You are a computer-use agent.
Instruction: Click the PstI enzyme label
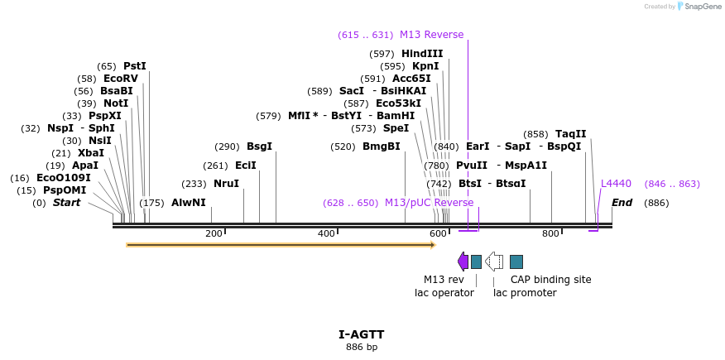coord(134,66)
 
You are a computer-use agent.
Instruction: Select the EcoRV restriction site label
coord(121,79)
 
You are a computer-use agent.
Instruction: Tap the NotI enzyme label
coord(116,103)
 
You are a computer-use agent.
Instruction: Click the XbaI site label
coord(91,153)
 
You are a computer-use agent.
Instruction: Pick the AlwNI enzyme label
coord(188,203)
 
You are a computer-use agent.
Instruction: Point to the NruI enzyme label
coord(226,184)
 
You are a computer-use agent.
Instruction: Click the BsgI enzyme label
coord(259,146)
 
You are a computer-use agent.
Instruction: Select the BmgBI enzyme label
coord(381,146)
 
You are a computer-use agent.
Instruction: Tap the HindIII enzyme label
coord(422,54)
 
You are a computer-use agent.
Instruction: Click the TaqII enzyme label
coord(570,134)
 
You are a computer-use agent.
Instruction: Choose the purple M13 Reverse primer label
coord(431,35)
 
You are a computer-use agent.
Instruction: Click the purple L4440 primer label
coord(616,184)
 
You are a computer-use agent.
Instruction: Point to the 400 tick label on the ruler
coord(326,234)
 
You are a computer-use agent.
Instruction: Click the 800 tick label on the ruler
coord(550,234)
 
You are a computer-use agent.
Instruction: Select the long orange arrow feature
coord(281,245)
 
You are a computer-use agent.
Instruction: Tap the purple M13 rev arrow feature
coord(463,262)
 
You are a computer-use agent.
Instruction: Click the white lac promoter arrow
coord(494,262)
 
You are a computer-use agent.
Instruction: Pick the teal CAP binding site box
coord(516,262)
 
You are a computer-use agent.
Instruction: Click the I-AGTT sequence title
coord(362,335)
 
